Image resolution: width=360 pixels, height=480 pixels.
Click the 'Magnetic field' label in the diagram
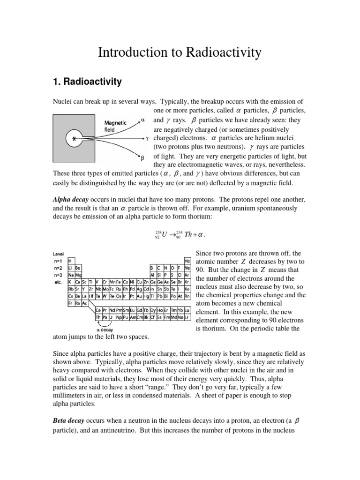115,126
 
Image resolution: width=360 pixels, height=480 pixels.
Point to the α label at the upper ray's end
143,120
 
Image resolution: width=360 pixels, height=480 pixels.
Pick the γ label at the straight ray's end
147,139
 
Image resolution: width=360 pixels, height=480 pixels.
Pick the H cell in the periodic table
70,260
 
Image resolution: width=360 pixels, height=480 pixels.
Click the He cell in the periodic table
187,260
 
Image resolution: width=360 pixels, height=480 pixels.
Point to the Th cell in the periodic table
98,317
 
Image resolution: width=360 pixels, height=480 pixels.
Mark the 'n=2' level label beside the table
59,268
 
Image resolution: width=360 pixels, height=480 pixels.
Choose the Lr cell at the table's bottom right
187,317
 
